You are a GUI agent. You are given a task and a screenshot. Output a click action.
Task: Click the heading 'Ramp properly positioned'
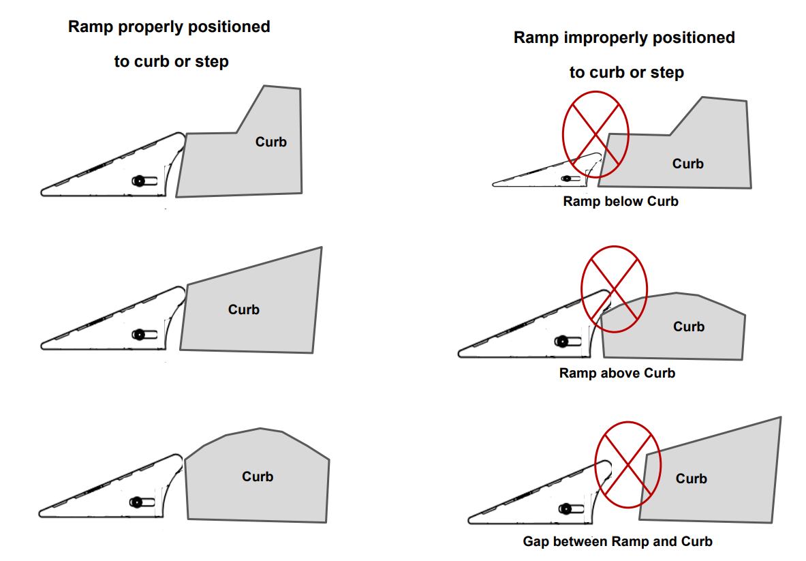pos(169,27)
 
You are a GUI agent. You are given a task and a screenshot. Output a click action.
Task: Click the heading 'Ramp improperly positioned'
pos(624,37)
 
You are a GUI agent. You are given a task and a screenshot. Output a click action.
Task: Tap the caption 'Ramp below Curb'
pos(621,202)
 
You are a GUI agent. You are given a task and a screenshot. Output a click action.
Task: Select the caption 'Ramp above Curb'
pos(617,374)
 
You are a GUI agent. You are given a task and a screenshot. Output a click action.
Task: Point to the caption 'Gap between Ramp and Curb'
pos(618,542)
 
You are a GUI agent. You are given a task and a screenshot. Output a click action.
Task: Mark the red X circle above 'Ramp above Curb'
pos(614,289)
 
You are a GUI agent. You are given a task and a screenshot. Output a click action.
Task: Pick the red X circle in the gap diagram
pos(627,464)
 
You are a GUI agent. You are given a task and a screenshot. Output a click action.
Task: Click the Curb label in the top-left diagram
pos(271,142)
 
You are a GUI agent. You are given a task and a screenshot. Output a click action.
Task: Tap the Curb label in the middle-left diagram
pos(244,309)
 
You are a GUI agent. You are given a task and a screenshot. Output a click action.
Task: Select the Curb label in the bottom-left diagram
pos(258,476)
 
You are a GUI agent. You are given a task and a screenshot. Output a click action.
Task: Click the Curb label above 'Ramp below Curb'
pos(688,164)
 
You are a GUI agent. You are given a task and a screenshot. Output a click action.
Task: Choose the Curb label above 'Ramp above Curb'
pos(689,327)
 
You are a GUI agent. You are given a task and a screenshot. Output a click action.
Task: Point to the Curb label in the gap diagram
pos(692,479)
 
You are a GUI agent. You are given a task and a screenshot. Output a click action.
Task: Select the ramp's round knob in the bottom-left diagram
pos(137,502)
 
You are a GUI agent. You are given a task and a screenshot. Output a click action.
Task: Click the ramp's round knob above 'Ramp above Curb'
pos(563,341)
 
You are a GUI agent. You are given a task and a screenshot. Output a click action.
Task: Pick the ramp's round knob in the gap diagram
pos(565,509)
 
